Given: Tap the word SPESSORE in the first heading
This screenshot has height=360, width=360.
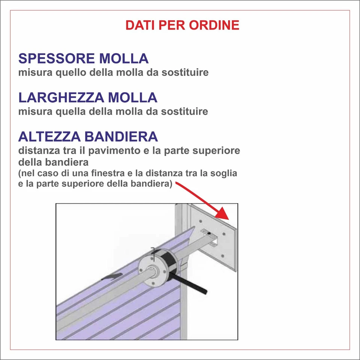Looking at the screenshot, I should [x=56, y=58].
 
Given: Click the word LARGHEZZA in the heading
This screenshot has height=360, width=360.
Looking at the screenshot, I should [x=61, y=97].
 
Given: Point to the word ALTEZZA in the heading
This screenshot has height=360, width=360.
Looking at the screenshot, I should [x=50, y=136].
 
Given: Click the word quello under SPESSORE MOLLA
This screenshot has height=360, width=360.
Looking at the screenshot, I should [x=71, y=72].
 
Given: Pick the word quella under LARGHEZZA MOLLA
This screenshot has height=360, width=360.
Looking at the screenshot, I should [x=70, y=111].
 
